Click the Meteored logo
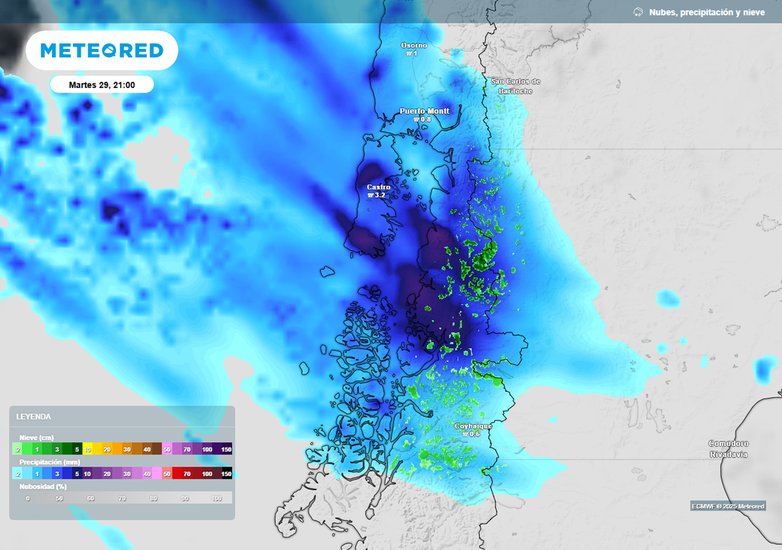pos(102,50)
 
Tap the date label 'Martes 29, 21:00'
pos(102,85)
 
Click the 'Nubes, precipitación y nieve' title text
pos(706,12)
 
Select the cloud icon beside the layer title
pos(638,12)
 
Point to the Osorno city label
pos(415,45)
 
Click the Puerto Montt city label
pos(425,111)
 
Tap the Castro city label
pos(379,187)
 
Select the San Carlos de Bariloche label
pos(515,86)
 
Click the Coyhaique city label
pos(473,425)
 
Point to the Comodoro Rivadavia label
pos(728,448)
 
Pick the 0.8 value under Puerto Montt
pos(425,119)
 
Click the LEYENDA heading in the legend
pos(34,416)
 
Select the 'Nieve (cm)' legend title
pos(37,437)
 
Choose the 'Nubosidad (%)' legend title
pos(43,486)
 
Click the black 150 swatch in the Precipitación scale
pos(226,474)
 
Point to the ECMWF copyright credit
pos(728,506)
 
